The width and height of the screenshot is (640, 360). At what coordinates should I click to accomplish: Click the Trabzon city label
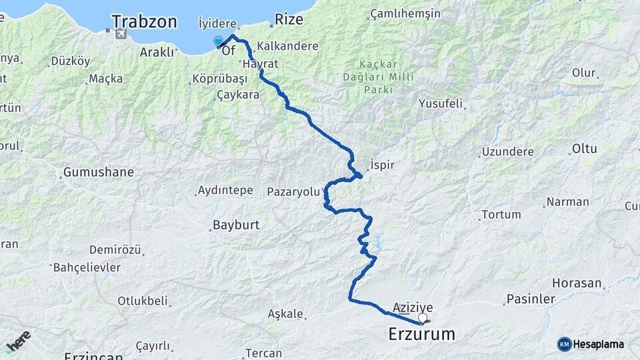click(x=144, y=21)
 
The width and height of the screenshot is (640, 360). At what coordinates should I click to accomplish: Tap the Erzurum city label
click(x=421, y=334)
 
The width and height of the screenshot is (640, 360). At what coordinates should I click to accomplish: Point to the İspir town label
click(x=382, y=163)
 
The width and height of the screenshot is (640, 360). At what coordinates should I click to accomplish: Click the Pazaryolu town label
click(x=293, y=191)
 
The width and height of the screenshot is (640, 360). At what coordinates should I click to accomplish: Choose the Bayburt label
click(x=235, y=225)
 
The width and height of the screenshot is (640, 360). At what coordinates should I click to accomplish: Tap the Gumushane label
click(x=98, y=173)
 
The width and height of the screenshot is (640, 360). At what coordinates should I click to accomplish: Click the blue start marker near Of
click(x=218, y=42)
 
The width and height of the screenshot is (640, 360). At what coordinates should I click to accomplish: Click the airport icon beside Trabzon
click(x=121, y=34)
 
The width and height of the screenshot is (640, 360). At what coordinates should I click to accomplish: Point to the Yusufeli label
click(x=441, y=103)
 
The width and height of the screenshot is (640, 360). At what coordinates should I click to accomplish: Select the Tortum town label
click(x=500, y=215)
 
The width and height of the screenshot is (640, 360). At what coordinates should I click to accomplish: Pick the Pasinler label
click(x=531, y=299)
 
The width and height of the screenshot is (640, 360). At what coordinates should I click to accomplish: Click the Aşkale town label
click(x=285, y=313)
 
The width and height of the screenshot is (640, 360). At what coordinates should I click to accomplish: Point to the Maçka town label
click(x=105, y=79)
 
